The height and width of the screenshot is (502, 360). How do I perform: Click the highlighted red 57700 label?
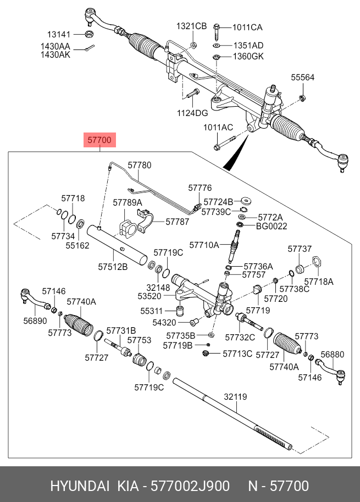99,141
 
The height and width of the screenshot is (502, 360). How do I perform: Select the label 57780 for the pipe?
140,165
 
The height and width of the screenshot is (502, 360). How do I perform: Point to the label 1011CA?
247,27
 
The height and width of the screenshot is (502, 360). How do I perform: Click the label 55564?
302,78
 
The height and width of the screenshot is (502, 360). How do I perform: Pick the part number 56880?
333,355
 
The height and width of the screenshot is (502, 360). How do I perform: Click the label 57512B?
113,267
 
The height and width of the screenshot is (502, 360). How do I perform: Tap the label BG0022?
272,226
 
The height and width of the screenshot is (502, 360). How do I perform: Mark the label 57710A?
204,244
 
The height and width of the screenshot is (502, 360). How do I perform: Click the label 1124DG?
192,113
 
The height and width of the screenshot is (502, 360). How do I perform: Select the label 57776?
200,188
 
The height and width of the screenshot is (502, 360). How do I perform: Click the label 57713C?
237,354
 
